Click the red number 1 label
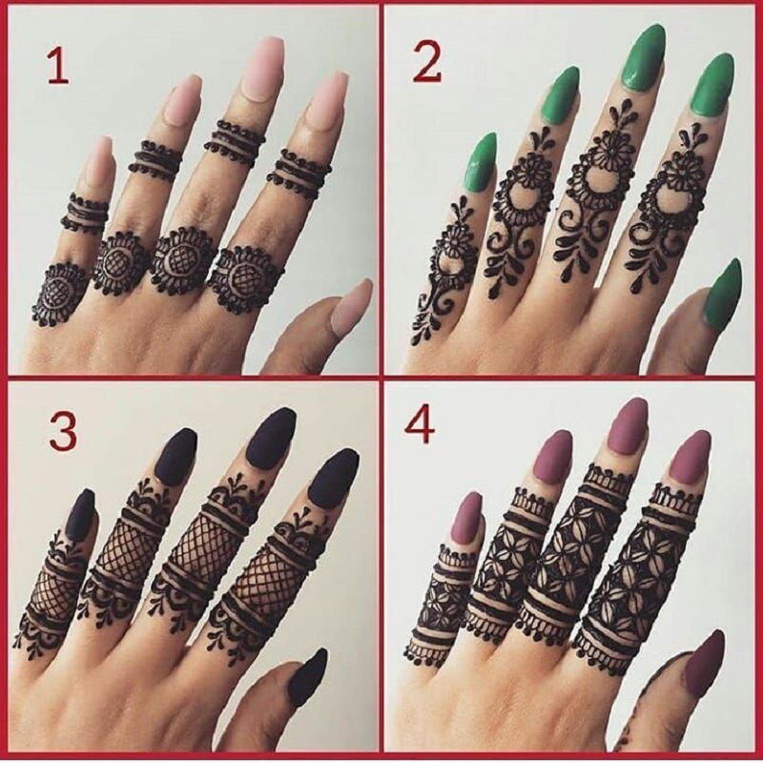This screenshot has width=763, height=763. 58,66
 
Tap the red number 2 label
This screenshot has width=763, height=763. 426,64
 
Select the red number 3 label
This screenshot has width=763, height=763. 63,432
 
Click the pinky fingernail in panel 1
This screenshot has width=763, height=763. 99,161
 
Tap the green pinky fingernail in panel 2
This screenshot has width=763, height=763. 481,159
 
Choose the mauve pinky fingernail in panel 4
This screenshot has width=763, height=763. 466,517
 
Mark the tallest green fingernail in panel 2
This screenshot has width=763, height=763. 644,57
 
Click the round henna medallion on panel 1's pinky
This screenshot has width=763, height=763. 58,295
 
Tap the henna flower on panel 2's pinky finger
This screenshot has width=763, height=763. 452,241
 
